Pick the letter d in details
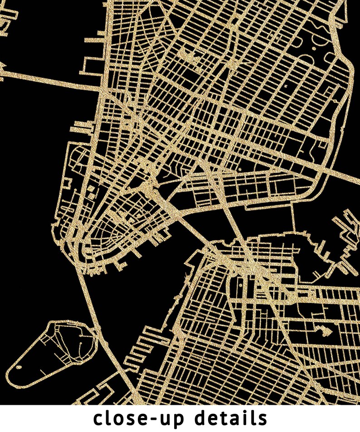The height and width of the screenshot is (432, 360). [203, 417]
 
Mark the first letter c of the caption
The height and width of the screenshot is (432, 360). [99, 419]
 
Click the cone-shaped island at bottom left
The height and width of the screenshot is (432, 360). [54, 349]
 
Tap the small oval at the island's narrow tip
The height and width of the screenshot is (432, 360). [19, 367]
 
